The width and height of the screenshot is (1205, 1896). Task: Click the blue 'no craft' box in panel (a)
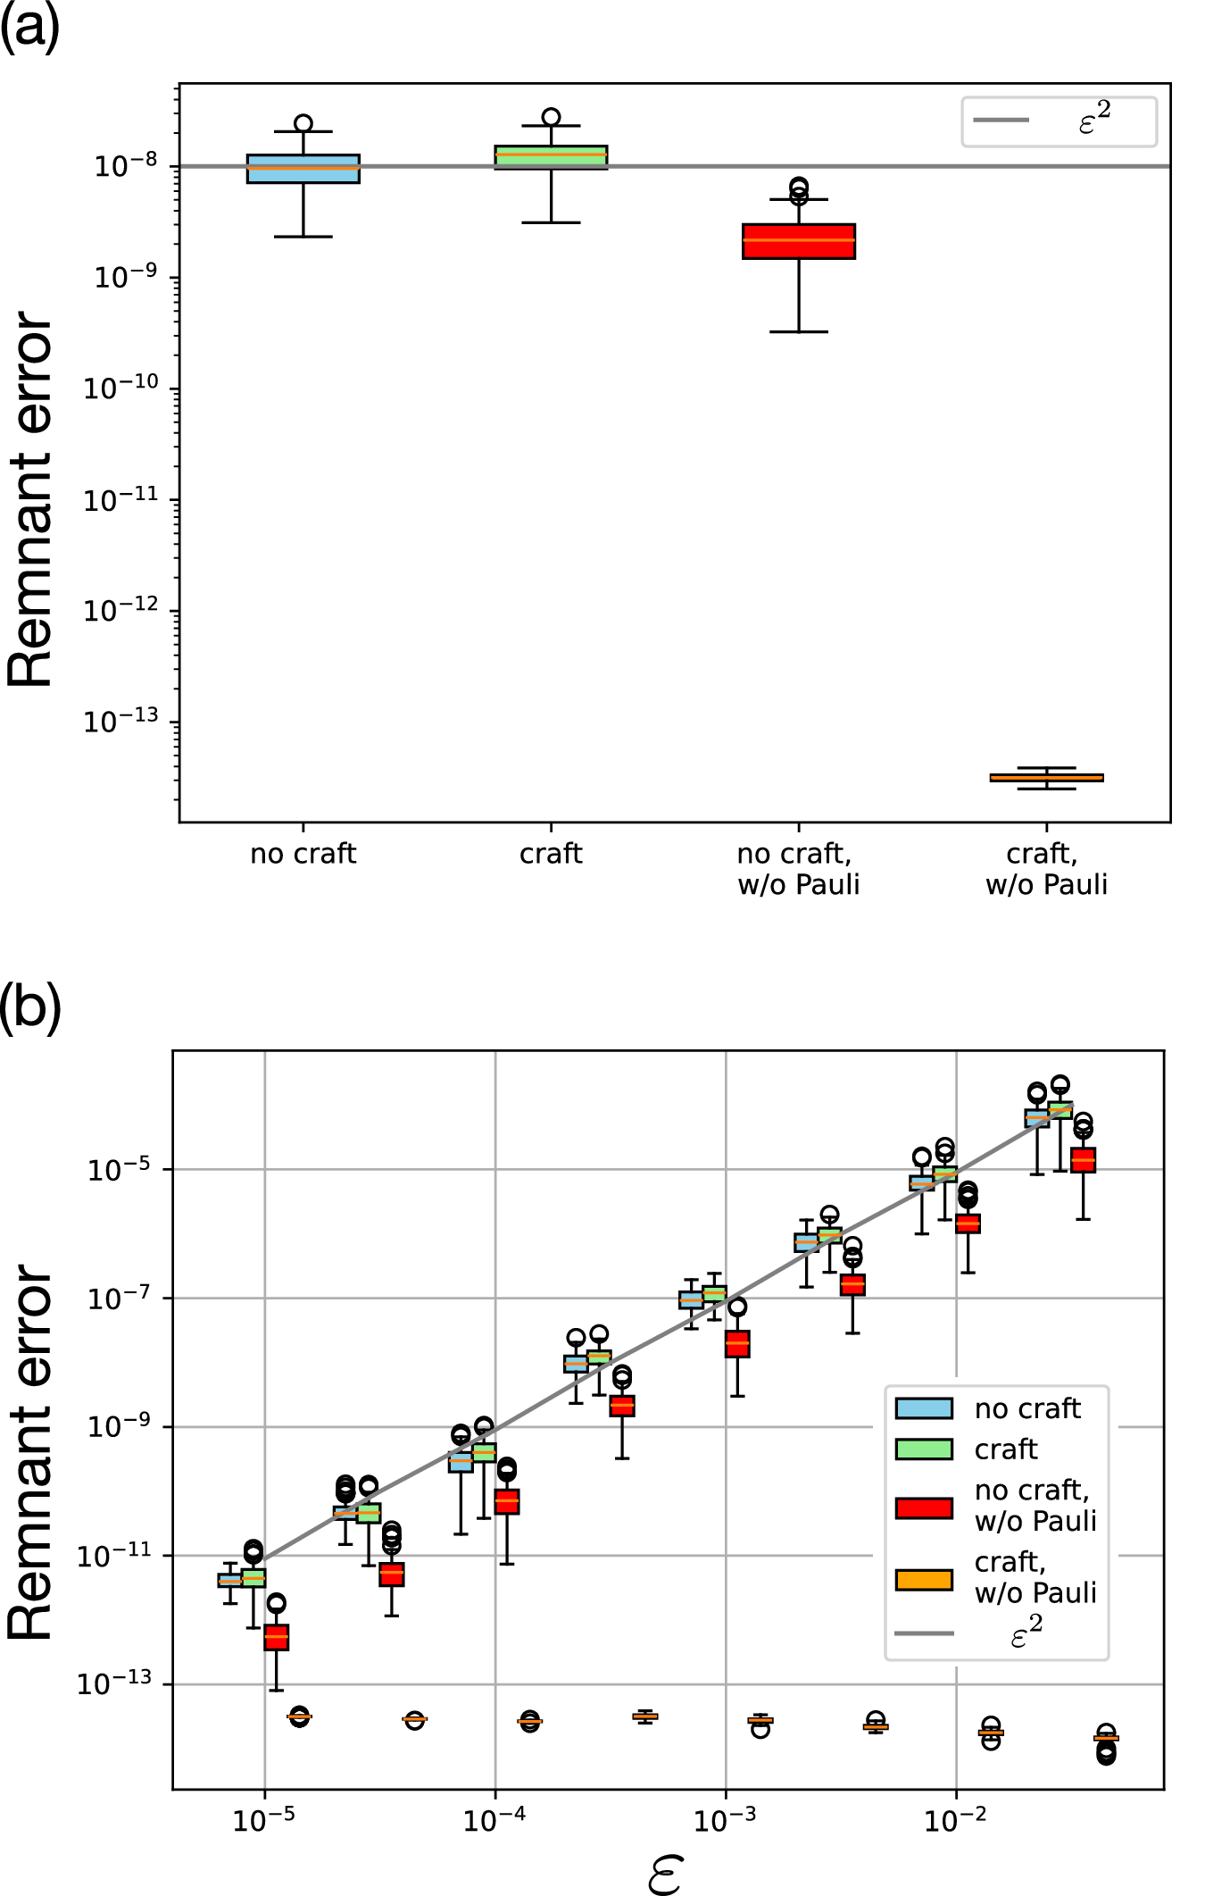tap(303, 169)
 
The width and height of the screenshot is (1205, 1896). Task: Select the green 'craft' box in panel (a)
tap(551, 157)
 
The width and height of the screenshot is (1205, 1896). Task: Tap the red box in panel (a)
tap(799, 241)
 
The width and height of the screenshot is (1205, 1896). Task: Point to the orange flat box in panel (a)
tap(1046, 778)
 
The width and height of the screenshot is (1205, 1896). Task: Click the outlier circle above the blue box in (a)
tap(303, 123)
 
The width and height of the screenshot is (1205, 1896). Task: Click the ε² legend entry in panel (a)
tap(1059, 121)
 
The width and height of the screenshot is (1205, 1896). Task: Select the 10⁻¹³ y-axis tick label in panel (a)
tap(121, 720)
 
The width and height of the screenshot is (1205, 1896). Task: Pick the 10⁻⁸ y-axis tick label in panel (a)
tap(126, 165)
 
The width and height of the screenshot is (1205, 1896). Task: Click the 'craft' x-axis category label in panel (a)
tap(551, 854)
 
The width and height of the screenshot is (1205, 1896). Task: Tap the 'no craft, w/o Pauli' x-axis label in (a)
tap(799, 869)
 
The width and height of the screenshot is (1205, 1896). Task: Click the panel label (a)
tap(30, 27)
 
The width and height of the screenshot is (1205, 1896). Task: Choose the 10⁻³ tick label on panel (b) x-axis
tap(725, 1821)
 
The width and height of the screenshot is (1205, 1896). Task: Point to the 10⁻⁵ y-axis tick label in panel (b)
tap(120, 1169)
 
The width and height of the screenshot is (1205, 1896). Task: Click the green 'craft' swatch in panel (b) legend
tap(924, 1449)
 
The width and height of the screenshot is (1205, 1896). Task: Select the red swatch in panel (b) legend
tap(924, 1508)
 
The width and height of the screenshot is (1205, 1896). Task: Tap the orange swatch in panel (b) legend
tap(924, 1580)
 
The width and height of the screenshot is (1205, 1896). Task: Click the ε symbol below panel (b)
tap(664, 1874)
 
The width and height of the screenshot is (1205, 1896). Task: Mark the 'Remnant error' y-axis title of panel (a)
tap(30, 500)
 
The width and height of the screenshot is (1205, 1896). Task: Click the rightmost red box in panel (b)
tap(1083, 1160)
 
